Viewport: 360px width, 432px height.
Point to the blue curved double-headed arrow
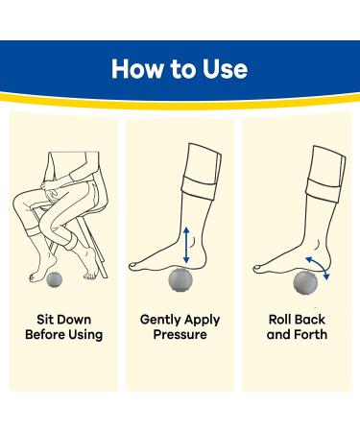pos(318,264)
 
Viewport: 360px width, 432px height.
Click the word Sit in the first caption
pos(43,319)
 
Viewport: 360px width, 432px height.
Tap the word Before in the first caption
pos(48,335)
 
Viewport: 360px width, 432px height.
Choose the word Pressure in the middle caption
pos(180,335)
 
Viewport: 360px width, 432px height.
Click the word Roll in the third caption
pos(281,319)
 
